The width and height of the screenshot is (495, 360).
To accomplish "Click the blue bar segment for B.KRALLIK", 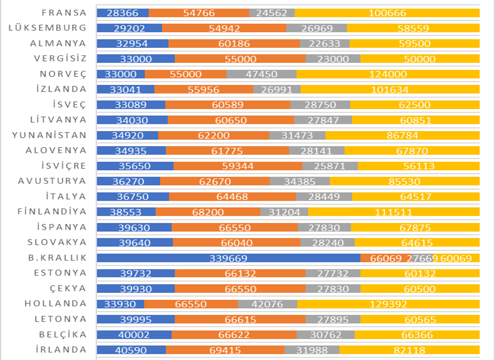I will pyautogui.click(x=229, y=258).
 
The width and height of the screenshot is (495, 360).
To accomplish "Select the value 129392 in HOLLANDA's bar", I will pyautogui.click(x=388, y=304).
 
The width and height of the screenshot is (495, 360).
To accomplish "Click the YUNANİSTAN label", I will pyautogui.click(x=49, y=135).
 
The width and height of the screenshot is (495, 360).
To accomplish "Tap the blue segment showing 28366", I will pyautogui.click(x=122, y=13).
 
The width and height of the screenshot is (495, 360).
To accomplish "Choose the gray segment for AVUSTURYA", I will pyautogui.click(x=300, y=182).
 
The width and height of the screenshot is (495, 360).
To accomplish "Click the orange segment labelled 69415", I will pyautogui.click(x=225, y=350).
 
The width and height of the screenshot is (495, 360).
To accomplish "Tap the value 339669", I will pyautogui.click(x=229, y=258).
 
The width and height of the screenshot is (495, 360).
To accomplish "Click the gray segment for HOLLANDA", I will pyautogui.click(x=267, y=304).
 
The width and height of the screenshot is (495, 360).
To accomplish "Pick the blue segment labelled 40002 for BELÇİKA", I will pyautogui.click(x=134, y=335).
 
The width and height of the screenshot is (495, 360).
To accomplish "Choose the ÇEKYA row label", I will pyautogui.click(x=68, y=289).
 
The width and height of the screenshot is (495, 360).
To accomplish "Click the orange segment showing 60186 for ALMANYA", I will pyautogui.click(x=234, y=44).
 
